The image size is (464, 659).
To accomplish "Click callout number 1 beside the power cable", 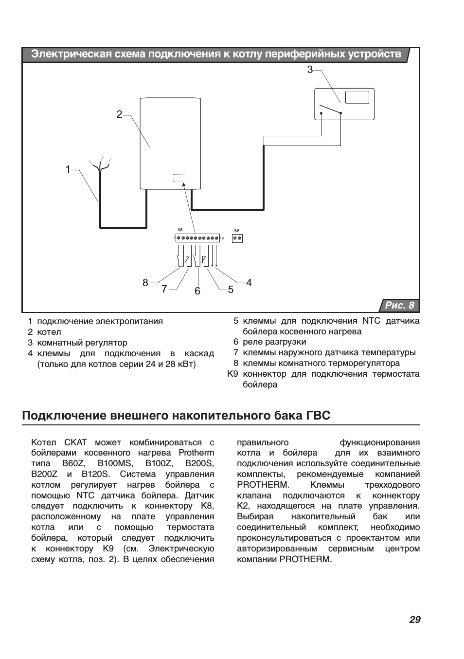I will coord(68,169).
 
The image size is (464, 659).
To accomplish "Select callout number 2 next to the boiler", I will coord(119,114).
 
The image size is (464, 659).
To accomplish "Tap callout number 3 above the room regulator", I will coord(310,70).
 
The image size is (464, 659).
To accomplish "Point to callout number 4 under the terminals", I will coord(249,282).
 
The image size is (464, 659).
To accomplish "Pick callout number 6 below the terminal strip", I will coord(197,291).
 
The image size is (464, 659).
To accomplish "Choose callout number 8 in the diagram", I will coord(145,282).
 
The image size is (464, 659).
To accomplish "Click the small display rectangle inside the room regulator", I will coord(357,97).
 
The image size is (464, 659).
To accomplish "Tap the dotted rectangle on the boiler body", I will coord(179,178).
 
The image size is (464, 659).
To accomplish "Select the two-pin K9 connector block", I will coord(237,238).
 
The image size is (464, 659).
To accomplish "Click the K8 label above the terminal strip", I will coord(180,230).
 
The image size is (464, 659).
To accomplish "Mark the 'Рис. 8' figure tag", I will coord(400,306).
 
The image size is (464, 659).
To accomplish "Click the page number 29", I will coord(414,620).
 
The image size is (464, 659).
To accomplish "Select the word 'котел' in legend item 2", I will coord(49,332).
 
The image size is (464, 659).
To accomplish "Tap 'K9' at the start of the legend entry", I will coord(232,374).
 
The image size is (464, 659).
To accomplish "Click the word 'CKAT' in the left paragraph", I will coord(75,442).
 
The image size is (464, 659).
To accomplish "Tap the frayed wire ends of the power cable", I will coord(101,163).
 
